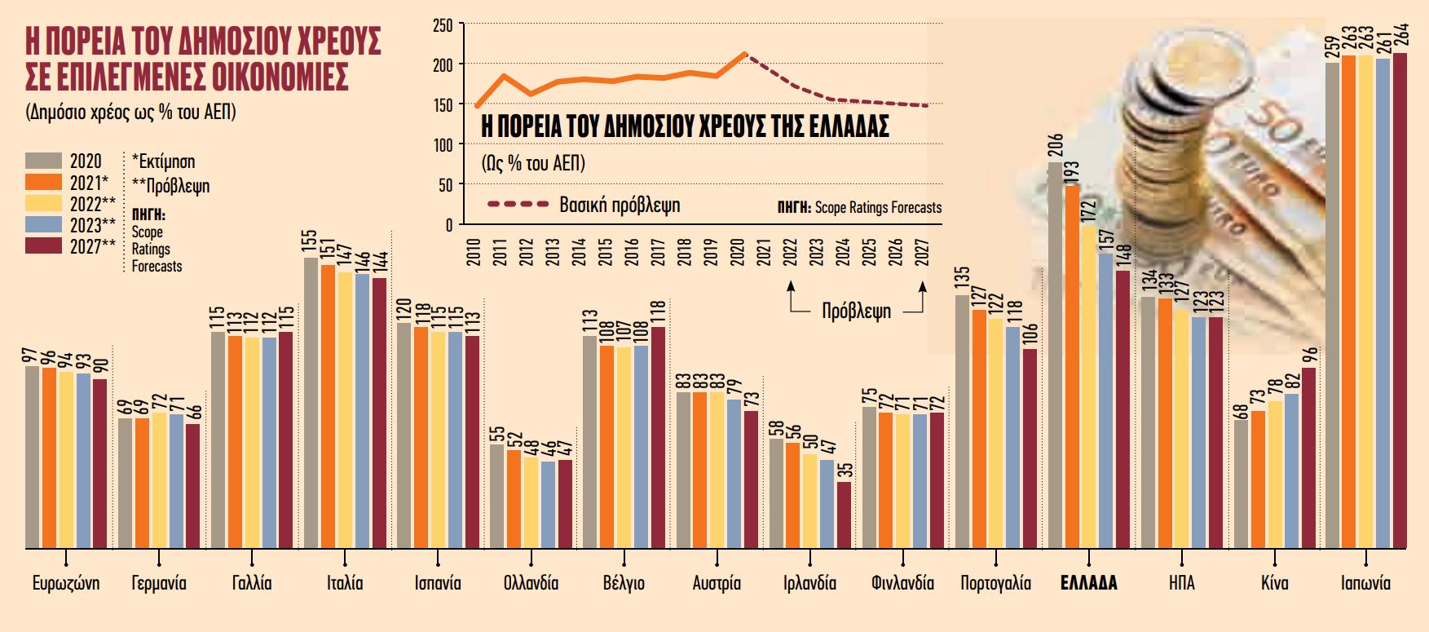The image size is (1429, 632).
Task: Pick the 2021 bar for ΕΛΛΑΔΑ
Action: coord(1072,367)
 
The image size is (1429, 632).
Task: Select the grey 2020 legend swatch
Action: coord(43,161)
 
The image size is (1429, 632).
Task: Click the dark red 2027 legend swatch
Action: coord(43,245)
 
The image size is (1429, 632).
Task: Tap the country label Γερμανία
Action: coord(159,584)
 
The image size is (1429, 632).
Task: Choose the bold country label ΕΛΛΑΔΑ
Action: coord(1088,584)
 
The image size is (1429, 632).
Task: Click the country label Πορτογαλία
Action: coord(995,584)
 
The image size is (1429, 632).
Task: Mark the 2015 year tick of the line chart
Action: coord(605,253)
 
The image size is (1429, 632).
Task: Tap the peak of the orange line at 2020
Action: coord(743,55)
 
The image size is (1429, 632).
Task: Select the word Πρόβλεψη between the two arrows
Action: coord(856,312)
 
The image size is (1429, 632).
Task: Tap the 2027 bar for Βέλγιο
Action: coord(659,436)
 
